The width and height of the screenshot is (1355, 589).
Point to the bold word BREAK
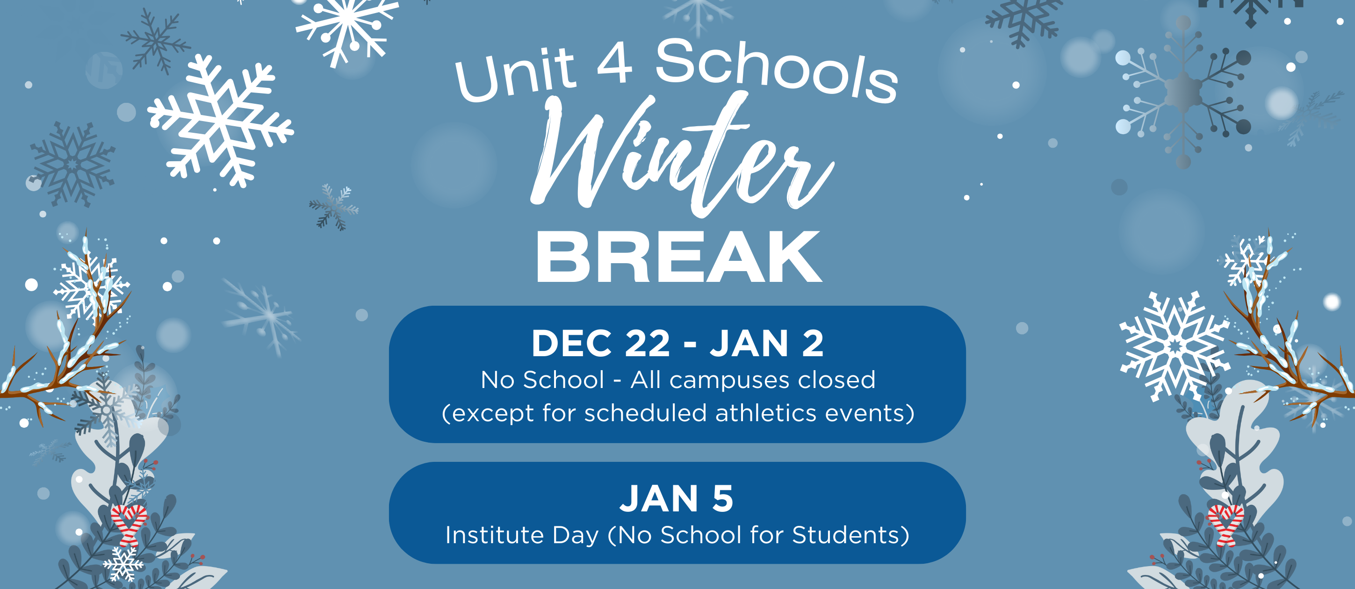[x=678, y=257]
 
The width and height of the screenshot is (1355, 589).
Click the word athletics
[x=766, y=413]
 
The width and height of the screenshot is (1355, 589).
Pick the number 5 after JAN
[x=722, y=498]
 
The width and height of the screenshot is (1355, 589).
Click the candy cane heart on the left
[x=128, y=524]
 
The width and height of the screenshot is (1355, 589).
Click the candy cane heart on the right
[x=1225, y=524]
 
